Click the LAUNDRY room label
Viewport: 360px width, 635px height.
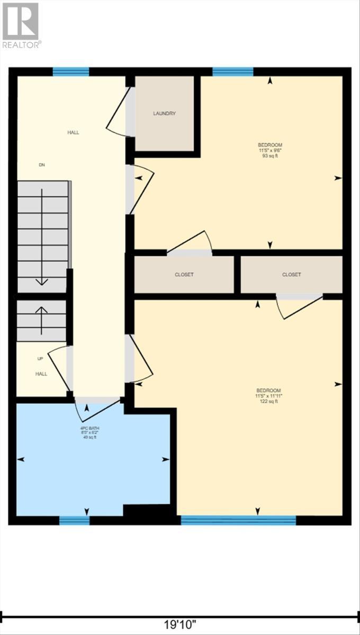point(165,113)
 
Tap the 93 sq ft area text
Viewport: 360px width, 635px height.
point(270,156)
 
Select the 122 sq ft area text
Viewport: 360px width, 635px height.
point(270,402)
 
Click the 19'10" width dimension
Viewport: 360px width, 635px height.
point(180,625)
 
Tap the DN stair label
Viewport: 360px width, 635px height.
point(42,165)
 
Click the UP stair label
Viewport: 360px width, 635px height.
point(40,359)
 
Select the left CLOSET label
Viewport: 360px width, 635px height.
point(184,275)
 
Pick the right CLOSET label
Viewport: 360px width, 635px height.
point(292,275)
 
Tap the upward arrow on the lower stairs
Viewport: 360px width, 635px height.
point(42,317)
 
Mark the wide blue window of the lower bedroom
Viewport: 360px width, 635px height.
point(238,520)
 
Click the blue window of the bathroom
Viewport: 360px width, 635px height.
point(74,520)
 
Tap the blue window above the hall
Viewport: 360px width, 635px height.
point(70,72)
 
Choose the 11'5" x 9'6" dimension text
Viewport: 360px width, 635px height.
point(270,150)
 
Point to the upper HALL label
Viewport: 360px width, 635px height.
point(73,132)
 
